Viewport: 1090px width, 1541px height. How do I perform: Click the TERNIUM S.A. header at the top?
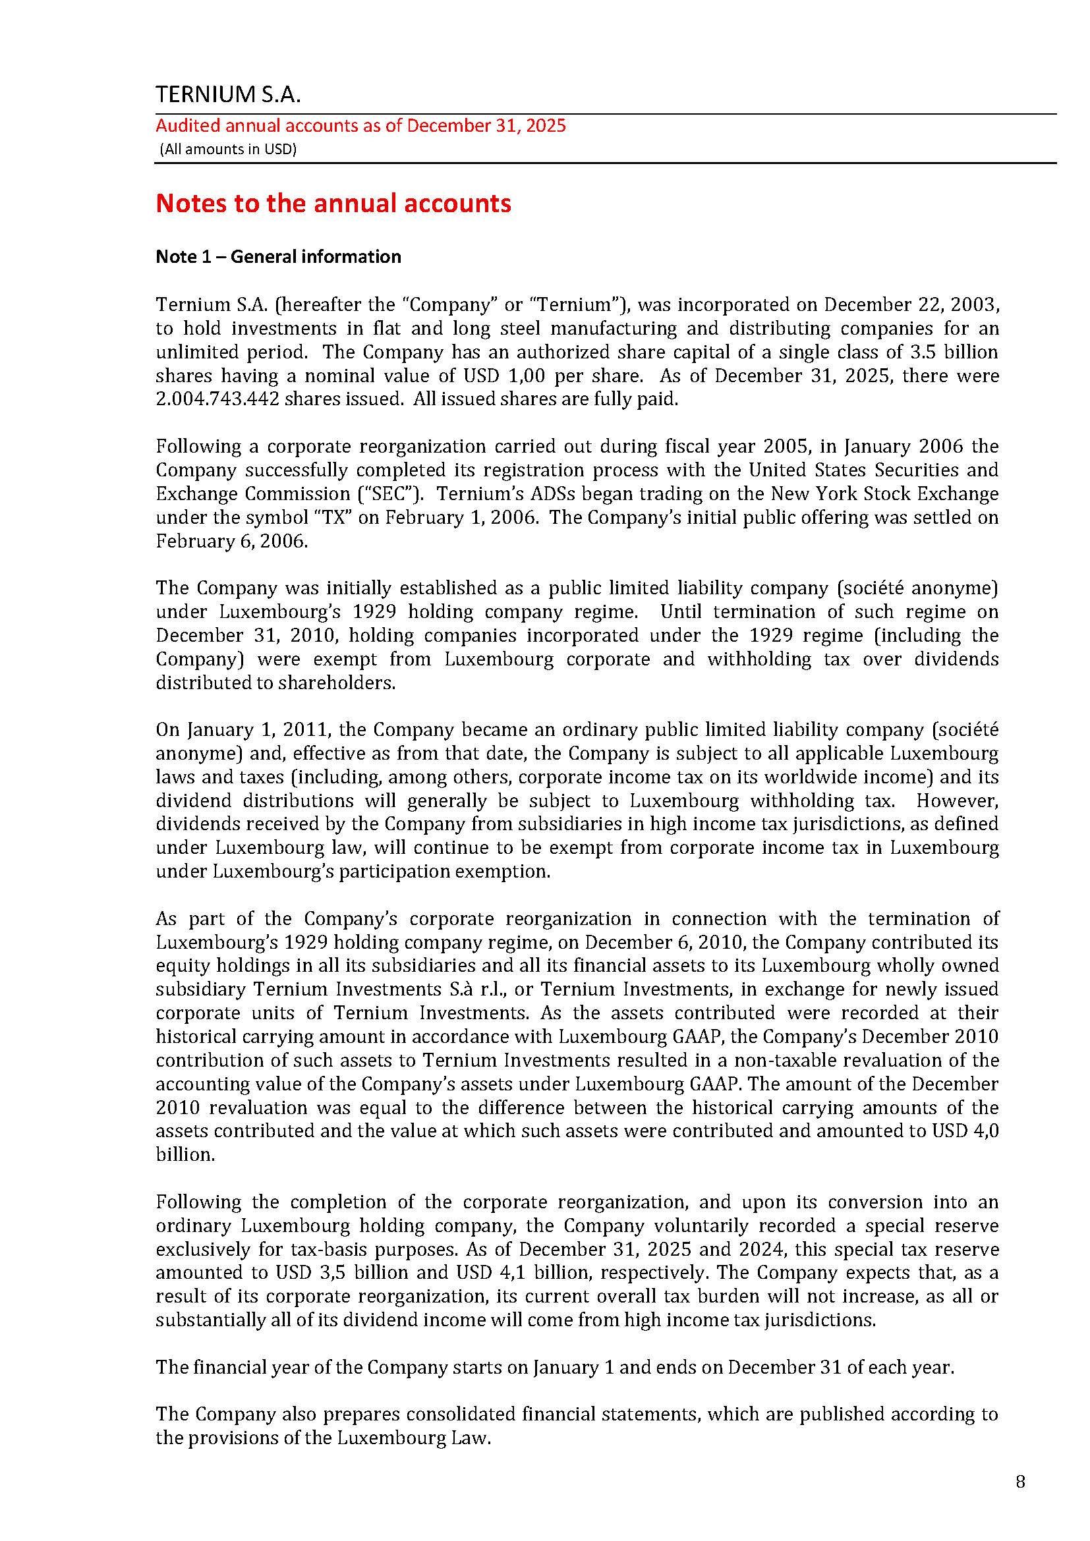tap(228, 95)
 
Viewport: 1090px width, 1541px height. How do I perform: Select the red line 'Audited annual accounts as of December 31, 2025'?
tap(360, 126)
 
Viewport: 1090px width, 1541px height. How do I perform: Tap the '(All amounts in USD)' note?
tap(227, 149)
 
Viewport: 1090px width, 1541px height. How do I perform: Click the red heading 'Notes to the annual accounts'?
tap(333, 203)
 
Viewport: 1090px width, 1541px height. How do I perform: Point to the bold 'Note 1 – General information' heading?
tap(278, 256)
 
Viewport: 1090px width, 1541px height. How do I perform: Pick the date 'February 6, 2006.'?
tap(231, 541)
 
